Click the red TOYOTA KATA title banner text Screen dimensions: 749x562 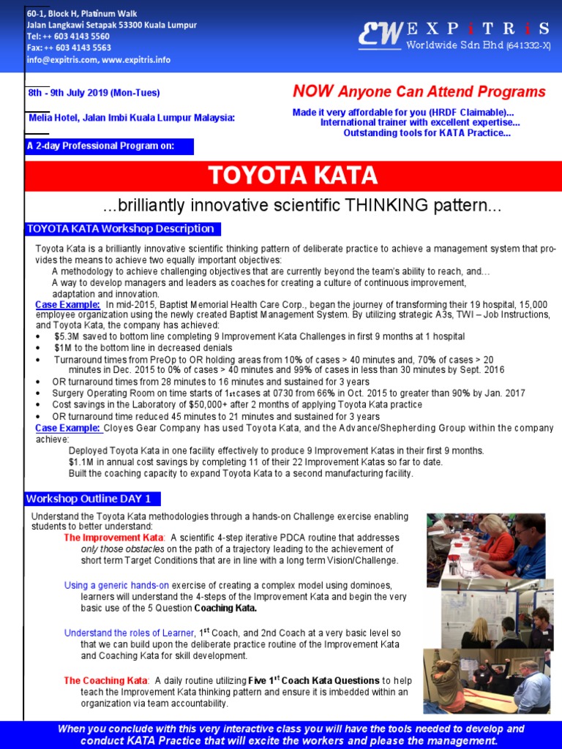tap(293, 176)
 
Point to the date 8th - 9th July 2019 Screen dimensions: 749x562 tap(94, 93)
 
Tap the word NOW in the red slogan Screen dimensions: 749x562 tap(313, 91)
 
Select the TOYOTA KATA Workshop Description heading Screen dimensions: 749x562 tap(120, 229)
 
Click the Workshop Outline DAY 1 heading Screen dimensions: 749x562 tap(89, 499)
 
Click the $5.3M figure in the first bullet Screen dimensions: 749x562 tap(67, 336)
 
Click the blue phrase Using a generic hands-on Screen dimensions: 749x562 tap(116, 585)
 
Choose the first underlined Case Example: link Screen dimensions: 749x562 tap(67, 304)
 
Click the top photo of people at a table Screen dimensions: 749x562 tap(486, 545)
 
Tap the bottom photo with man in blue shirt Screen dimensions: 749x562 tap(486, 680)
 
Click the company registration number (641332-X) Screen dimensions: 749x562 tap(528, 47)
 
